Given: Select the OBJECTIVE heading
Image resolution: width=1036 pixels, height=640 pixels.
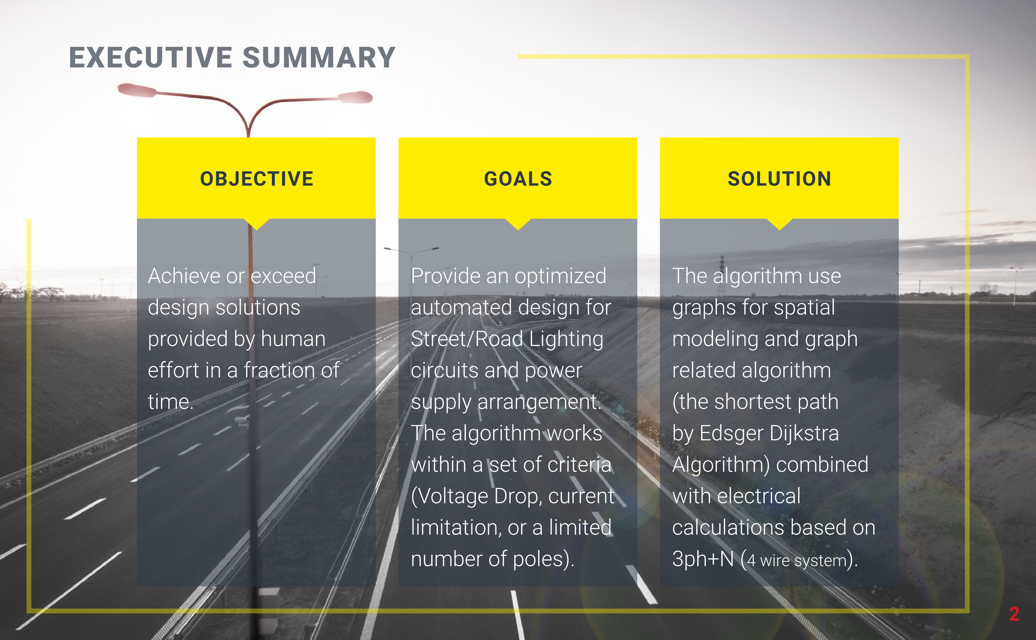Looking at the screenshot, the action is pyautogui.click(x=257, y=179).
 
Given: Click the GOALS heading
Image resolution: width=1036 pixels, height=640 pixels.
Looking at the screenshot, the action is pyautogui.click(x=518, y=179).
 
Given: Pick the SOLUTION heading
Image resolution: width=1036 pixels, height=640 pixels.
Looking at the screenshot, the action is pyautogui.click(x=779, y=179).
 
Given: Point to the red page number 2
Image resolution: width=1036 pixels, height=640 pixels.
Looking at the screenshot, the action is pyautogui.click(x=1014, y=614).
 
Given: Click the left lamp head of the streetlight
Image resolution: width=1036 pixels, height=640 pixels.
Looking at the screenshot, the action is pyautogui.click(x=136, y=90).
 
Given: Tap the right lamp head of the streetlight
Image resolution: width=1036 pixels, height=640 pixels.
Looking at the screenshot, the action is pyautogui.click(x=355, y=97).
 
